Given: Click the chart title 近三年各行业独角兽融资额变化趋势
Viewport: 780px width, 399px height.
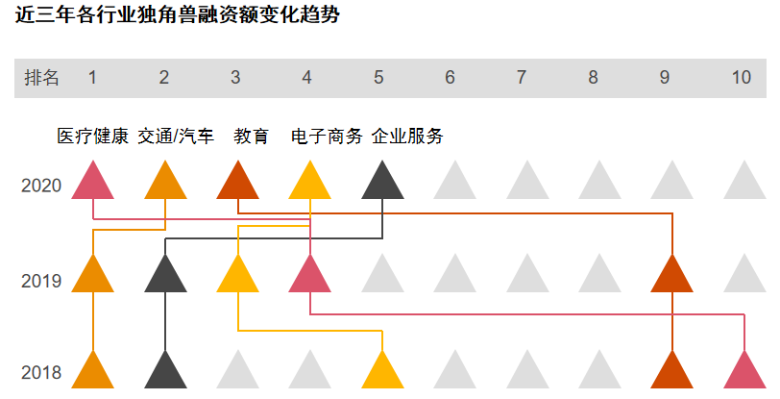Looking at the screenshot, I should [x=178, y=17].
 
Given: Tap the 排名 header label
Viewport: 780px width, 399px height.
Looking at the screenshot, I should [x=42, y=78].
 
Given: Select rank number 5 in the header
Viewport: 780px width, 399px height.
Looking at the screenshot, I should [x=378, y=78].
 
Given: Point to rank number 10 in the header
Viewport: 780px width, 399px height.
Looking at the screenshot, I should [x=741, y=78].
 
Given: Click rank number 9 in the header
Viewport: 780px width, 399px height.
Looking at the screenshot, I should [x=665, y=78].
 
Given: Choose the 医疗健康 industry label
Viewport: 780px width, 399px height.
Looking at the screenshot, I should [x=92, y=137].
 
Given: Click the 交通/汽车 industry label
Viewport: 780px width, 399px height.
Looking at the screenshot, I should [x=176, y=137].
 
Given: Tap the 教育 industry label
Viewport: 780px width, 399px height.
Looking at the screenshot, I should [x=252, y=137].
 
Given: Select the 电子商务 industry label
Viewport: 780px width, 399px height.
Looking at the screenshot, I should [x=327, y=137].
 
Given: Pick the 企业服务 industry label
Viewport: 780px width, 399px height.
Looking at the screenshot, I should [x=407, y=137].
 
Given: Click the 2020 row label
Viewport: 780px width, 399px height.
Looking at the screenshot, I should [x=41, y=186].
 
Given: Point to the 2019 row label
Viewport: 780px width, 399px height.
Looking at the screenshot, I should [x=41, y=282].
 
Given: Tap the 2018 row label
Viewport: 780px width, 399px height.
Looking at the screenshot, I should [x=41, y=373].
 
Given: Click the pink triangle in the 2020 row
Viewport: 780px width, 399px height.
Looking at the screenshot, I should [x=93, y=184].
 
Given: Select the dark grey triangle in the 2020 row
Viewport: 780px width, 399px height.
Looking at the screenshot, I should [x=382, y=184].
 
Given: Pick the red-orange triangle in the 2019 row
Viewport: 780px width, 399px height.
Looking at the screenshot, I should [x=671, y=277].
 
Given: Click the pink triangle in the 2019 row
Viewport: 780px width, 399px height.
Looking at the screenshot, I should [x=310, y=277].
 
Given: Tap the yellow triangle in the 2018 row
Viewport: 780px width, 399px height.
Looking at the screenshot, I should [x=382, y=373].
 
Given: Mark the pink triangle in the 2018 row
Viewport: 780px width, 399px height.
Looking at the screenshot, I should [x=745, y=373].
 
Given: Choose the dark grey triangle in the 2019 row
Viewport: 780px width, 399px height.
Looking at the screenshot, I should [x=165, y=277].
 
